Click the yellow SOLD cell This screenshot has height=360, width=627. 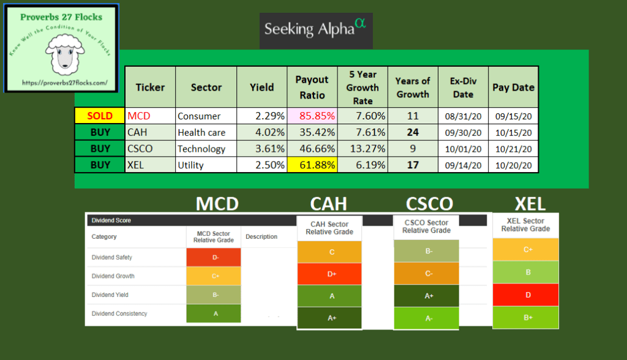coord(99,116)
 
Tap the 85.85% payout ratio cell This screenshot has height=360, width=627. coord(312,116)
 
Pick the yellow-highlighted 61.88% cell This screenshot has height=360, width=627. coord(312,165)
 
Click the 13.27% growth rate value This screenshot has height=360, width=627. coord(366,149)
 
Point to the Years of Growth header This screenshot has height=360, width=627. coord(413,88)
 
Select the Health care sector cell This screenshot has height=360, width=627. coord(201,132)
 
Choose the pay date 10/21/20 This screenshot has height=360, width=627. coord(513,149)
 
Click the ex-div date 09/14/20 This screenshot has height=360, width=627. coord(463,165)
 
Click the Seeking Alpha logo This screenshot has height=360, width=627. coord(316,29)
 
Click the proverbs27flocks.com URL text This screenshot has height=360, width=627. coord(64,82)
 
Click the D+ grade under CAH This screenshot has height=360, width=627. coord(331,274)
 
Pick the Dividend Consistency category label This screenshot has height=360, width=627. coord(119,313)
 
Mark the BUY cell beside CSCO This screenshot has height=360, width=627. coord(99,149)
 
